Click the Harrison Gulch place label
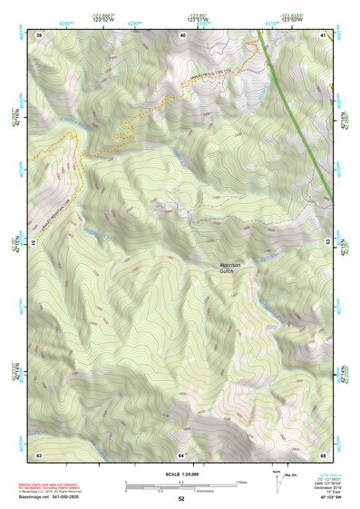click(x=231, y=268)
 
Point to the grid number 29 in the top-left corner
click(x=39, y=34)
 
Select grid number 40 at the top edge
click(x=182, y=34)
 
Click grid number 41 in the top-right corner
click(x=323, y=34)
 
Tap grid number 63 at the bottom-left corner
click(x=39, y=454)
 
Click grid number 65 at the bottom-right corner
click(x=323, y=454)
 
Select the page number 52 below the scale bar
click(x=181, y=499)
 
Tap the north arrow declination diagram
click(x=276, y=482)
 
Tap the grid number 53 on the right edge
click(x=328, y=243)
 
